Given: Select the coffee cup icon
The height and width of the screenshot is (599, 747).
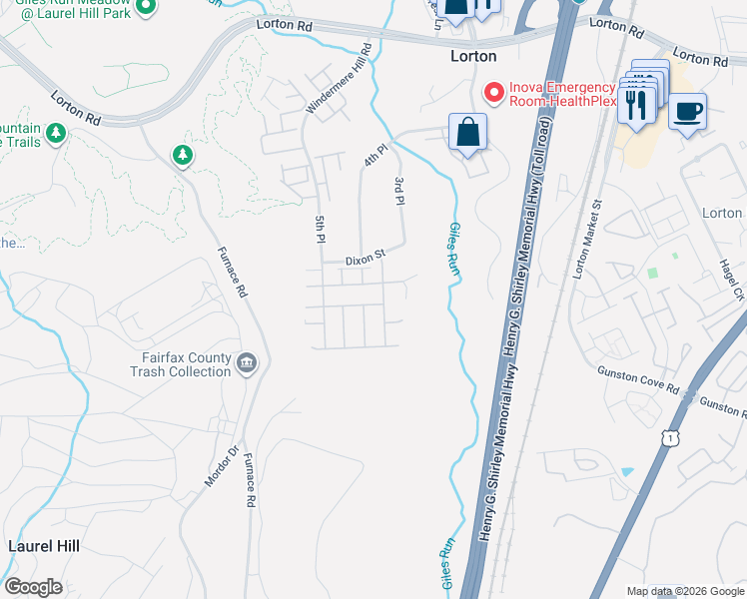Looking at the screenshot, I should (x=687, y=111).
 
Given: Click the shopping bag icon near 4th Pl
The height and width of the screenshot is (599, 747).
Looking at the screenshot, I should (x=467, y=133).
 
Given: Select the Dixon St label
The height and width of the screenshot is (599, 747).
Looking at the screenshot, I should (x=365, y=259).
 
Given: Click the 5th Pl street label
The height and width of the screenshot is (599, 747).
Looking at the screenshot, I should (x=321, y=229).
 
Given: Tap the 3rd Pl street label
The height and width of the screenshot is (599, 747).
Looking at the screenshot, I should (x=398, y=191).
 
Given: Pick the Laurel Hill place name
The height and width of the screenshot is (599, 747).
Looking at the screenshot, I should (x=43, y=547).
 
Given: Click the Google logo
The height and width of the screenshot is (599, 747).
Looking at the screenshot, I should (x=33, y=587).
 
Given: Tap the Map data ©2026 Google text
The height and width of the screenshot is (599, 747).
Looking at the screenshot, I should (x=685, y=591).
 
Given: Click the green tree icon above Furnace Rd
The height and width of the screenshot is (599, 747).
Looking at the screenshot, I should (x=182, y=155).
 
